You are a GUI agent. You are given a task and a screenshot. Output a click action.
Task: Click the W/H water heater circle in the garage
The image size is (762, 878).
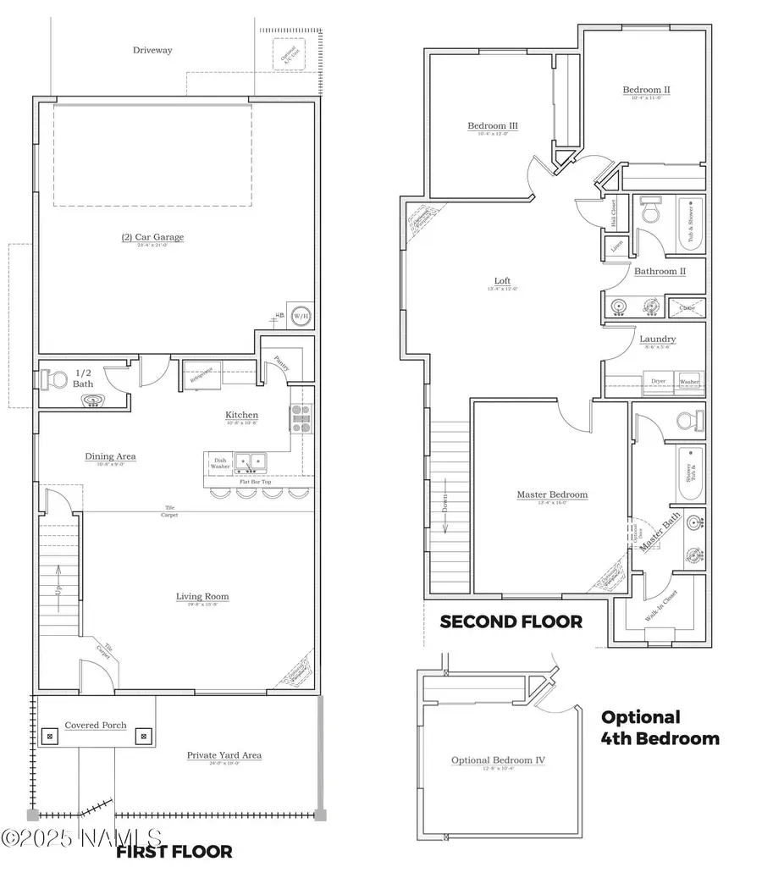pyautogui.click(x=300, y=316)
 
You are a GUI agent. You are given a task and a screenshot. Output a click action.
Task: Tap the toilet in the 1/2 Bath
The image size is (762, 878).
pyautogui.click(x=52, y=380)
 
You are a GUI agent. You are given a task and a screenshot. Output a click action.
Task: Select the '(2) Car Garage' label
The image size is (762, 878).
pyautogui.click(x=152, y=237)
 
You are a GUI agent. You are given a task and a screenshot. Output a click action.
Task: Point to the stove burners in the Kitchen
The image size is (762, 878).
pyautogui.click(x=301, y=418)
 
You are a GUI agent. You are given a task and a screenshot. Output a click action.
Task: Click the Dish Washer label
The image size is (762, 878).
pyautogui.click(x=220, y=463)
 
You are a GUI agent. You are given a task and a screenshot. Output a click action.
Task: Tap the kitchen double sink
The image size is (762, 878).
pyautogui.click(x=251, y=462)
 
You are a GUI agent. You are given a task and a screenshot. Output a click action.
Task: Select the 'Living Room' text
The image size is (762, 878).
pyautogui.click(x=202, y=597)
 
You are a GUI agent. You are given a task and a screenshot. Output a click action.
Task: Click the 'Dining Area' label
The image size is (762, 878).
pyautogui.click(x=110, y=456)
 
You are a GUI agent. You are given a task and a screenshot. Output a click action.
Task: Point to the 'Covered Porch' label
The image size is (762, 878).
pyautogui.click(x=96, y=726)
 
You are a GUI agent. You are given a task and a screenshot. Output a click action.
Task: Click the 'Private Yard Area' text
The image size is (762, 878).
pyautogui.click(x=224, y=754)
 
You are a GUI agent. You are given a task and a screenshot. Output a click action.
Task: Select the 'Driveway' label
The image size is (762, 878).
pyautogui.click(x=152, y=50)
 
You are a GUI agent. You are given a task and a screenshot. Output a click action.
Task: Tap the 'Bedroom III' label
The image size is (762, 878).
pyautogui.click(x=492, y=126)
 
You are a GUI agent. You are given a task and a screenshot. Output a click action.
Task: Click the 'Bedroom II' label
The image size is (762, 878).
pyautogui.click(x=646, y=90)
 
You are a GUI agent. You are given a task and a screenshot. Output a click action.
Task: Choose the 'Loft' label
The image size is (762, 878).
pyautogui.click(x=502, y=281)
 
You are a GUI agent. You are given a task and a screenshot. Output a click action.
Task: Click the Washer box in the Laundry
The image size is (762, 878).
pyautogui.click(x=689, y=382)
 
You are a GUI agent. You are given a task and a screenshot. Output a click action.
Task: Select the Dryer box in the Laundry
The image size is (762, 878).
pyautogui.click(x=658, y=382)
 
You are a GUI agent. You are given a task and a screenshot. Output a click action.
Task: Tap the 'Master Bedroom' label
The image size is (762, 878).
pyautogui.click(x=552, y=494)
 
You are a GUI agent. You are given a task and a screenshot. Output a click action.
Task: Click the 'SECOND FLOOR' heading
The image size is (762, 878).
pyautogui.click(x=511, y=621)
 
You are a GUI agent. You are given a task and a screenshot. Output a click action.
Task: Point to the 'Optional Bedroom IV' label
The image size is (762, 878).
pyautogui.click(x=498, y=760)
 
